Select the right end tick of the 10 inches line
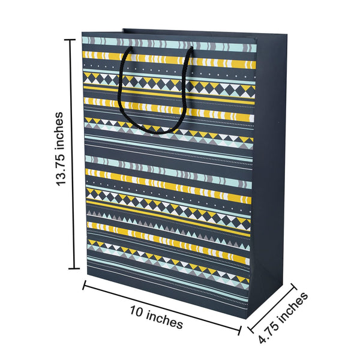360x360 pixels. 241,328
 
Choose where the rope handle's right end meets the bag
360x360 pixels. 191,50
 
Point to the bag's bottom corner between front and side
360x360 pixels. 249,310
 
